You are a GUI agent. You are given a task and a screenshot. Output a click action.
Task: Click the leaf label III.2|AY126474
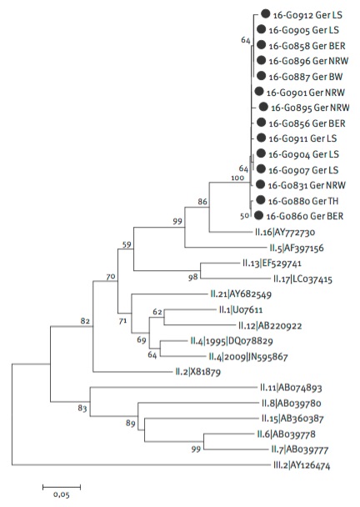302,465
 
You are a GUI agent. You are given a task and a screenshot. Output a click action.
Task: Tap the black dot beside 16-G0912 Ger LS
265,14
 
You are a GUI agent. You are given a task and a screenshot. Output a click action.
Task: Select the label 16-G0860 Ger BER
305,216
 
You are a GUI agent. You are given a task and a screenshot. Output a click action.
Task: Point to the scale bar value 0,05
62,494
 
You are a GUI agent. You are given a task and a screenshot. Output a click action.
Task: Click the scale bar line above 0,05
62,486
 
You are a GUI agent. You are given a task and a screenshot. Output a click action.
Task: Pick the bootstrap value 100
237,178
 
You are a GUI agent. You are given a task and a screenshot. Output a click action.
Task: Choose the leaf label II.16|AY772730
285,232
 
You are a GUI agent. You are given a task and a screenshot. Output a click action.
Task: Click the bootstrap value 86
202,202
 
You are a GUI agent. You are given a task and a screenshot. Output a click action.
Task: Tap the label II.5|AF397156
297,248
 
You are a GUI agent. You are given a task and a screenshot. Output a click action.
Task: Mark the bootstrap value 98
193,278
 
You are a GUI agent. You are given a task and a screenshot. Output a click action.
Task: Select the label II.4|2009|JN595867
248,357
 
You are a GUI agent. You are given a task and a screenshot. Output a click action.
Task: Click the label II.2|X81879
197,372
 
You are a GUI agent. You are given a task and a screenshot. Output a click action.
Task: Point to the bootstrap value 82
85,321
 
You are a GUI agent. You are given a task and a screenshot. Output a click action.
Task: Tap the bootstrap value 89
130,423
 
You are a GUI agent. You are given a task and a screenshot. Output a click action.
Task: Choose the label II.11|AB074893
291,388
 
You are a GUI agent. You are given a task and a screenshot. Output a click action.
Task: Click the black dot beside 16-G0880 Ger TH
261,200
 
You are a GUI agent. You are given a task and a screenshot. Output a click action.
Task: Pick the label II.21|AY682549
241,294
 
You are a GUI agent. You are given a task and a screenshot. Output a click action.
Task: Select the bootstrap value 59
127,244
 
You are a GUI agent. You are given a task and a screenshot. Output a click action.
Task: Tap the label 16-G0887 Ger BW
306,77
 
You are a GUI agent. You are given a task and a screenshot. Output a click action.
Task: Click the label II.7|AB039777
299,449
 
